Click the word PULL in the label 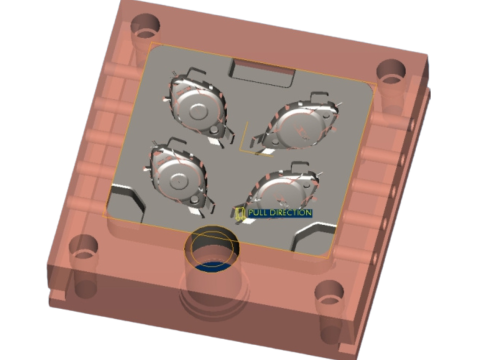click(258, 213)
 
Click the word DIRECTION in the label click(290, 213)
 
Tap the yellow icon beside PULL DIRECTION click(240, 213)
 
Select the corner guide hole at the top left click(145, 26)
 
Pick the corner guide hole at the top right click(391, 72)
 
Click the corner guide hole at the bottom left click(84, 247)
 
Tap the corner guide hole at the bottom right click(329, 293)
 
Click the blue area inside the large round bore click(211, 267)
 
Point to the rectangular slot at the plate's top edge click(262, 73)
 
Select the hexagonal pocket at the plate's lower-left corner click(127, 203)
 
